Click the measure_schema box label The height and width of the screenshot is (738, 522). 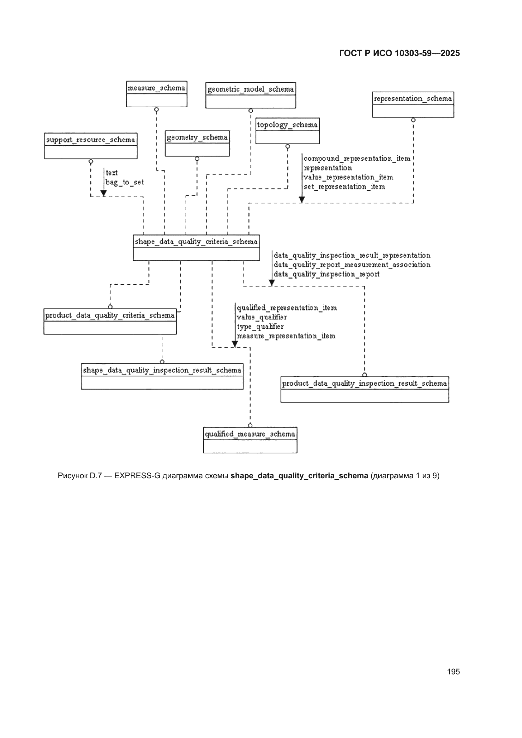coord(156,88)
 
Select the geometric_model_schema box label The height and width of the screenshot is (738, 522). coord(250,89)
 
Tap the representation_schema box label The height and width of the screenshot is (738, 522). coord(413,98)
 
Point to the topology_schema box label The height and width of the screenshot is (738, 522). coord(287,125)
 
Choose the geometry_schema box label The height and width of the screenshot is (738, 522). coord(197,137)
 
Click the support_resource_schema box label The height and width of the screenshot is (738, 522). coord(91,140)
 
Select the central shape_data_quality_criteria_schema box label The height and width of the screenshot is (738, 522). coord(196,241)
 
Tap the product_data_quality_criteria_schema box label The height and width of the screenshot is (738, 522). coord(110,315)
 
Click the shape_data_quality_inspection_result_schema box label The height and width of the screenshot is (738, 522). coord(162,370)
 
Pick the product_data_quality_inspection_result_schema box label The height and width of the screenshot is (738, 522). coord(364,384)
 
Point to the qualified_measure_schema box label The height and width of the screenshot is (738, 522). coord(250,434)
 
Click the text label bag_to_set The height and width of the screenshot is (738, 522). coord(125,182)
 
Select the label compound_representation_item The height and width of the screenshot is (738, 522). coord(357,159)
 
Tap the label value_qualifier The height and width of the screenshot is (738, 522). coord(262,317)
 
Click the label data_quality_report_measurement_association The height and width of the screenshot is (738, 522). coord(352,265)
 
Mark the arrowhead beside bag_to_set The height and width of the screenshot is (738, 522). coord(104,193)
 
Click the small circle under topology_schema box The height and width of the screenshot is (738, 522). coord(288,146)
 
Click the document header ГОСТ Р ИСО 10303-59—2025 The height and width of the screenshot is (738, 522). coord(399,53)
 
